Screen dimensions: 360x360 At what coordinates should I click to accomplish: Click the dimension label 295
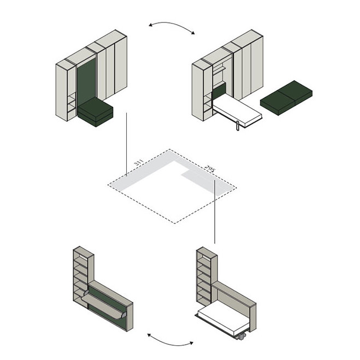pyautogui.click(x=210, y=169)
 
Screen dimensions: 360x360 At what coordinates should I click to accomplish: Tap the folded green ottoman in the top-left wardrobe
pyautogui.click(x=95, y=112)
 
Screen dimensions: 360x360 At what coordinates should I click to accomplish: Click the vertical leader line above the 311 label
pyautogui.click(x=126, y=142)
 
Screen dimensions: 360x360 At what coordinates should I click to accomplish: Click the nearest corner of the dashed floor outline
pyautogui.click(x=175, y=223)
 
